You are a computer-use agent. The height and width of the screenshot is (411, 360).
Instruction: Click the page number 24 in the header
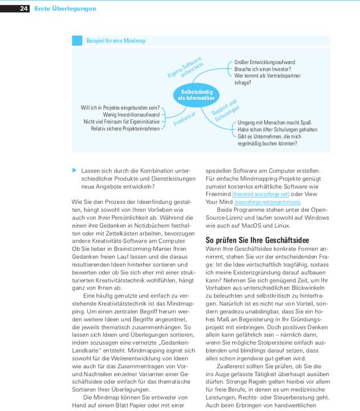tap(24, 9)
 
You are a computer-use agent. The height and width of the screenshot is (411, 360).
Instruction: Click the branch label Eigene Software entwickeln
tap(185, 68)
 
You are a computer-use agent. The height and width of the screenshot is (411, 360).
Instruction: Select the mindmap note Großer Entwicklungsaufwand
tap(264, 62)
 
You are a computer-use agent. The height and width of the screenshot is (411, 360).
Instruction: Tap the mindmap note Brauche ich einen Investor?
tap(262, 69)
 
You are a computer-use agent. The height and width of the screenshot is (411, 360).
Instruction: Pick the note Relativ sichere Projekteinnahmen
tap(126, 128)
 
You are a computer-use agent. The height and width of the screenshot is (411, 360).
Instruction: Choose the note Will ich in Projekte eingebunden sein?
tap(120, 107)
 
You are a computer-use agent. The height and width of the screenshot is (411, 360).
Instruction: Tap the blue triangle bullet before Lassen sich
tap(74, 170)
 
